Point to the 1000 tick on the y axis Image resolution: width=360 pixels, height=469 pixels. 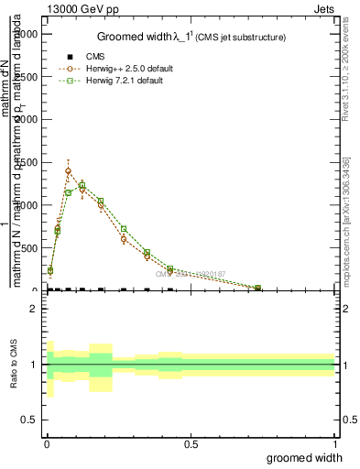(x=27, y=205)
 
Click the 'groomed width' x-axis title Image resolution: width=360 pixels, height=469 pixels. (x=305, y=457)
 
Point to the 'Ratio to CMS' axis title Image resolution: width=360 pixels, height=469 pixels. (x=14, y=365)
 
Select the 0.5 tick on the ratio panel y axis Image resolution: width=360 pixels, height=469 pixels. (x=30, y=420)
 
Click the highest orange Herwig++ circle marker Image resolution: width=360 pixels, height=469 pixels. (x=68, y=170)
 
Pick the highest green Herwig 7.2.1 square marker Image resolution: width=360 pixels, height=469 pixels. (x=82, y=186)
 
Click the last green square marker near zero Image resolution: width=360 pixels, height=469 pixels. (x=257, y=289)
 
